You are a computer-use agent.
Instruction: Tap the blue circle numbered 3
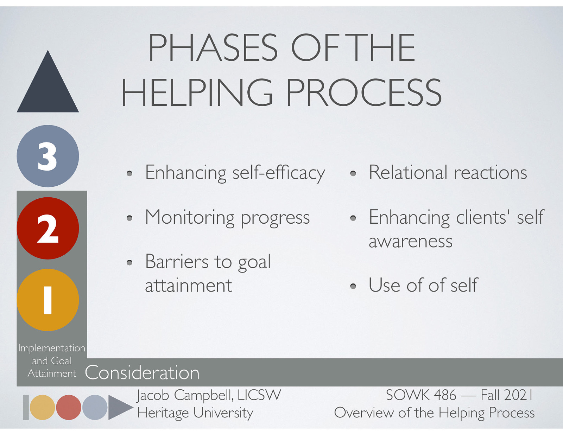click(48, 156)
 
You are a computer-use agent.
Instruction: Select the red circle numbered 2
click(48, 228)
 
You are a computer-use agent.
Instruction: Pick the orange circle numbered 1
click(48, 300)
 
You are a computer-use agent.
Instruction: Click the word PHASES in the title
click(213, 48)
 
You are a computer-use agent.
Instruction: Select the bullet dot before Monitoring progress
click(129, 218)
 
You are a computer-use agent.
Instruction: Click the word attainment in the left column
click(188, 286)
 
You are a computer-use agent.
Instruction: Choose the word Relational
click(408, 173)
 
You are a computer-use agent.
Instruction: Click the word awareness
click(410, 241)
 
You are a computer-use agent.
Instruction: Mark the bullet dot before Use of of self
click(353, 286)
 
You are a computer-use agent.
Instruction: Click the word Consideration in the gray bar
click(142, 373)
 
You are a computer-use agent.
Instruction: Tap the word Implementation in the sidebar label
click(52, 348)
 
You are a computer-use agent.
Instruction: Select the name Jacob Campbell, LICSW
click(209, 395)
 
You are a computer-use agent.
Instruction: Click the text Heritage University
click(195, 413)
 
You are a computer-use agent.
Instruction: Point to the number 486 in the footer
click(445, 395)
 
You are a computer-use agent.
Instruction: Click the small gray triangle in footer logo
click(118, 407)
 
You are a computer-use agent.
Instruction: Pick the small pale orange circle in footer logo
click(42, 407)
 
